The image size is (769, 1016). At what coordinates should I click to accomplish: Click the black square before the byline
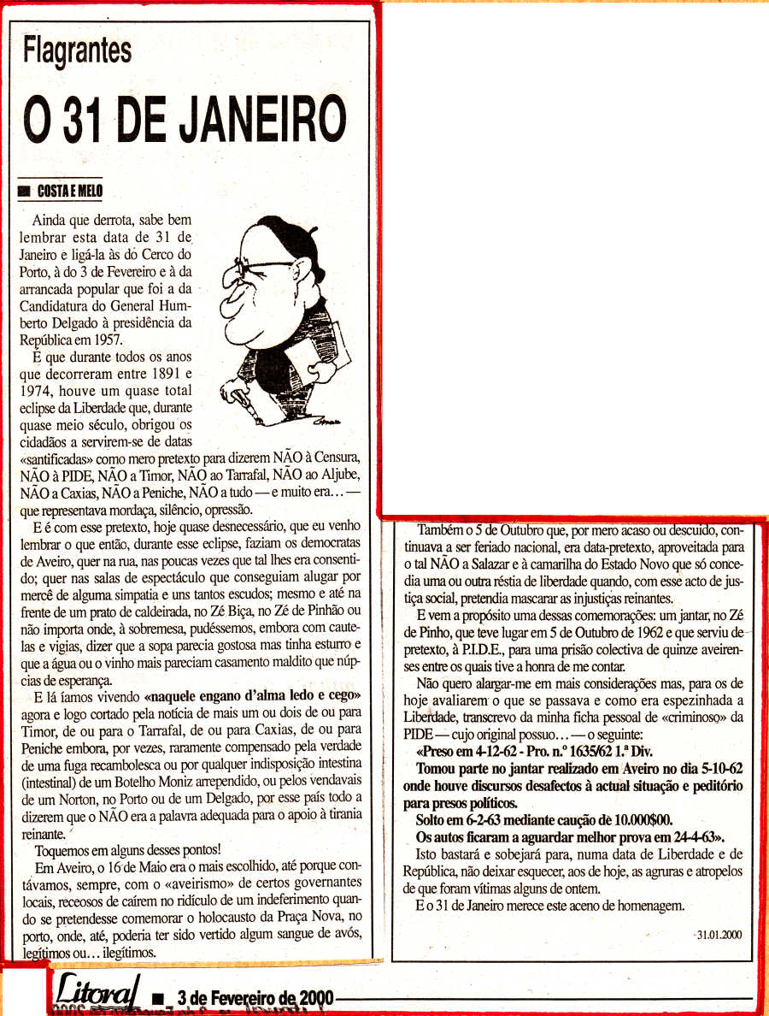click(x=24, y=192)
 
